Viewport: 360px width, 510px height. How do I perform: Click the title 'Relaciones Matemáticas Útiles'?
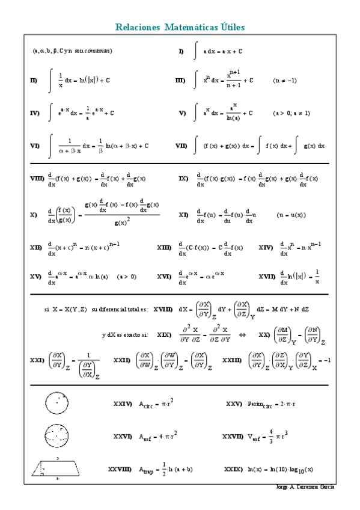[x=180, y=28]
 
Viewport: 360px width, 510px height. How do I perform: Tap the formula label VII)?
[x=181, y=146]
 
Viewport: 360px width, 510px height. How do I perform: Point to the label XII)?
[x=35, y=247]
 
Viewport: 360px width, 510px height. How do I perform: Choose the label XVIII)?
[x=162, y=309]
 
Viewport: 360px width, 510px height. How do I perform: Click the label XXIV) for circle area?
[x=122, y=404]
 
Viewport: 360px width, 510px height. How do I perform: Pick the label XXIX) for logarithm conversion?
[x=233, y=469]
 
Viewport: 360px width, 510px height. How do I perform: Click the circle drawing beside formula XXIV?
[x=55, y=402]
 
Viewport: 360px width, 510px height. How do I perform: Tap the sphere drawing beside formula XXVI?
[x=55, y=434]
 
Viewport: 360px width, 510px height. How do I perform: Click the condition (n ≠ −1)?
[x=284, y=80]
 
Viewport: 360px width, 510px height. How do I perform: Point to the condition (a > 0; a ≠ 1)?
[x=291, y=112]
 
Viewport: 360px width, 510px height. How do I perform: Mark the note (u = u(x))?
[x=291, y=215]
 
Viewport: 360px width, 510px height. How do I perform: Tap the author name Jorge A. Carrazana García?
[x=305, y=486]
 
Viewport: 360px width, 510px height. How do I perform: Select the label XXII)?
[x=122, y=360]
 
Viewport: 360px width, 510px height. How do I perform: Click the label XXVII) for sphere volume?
[x=233, y=436]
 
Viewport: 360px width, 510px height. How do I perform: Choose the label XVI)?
[x=165, y=277]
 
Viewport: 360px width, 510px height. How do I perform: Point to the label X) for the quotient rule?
[x=34, y=215]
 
